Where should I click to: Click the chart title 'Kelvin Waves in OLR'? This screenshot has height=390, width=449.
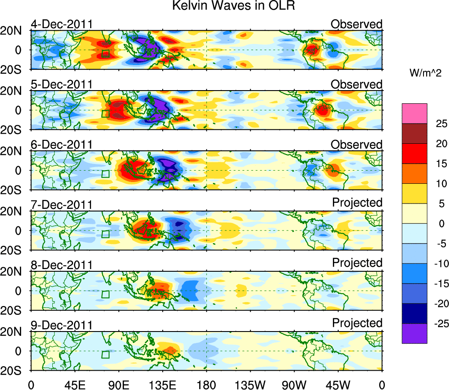[x=234, y=6]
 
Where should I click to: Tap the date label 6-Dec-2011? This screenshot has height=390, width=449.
[x=62, y=145]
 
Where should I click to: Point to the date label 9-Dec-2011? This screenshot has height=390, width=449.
[x=62, y=325]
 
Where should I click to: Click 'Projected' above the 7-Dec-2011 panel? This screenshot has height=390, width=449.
[x=357, y=202]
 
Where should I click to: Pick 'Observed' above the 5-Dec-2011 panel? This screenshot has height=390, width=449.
[x=357, y=84]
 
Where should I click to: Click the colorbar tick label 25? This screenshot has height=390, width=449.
[x=435, y=124]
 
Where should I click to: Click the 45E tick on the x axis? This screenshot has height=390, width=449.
[x=74, y=385]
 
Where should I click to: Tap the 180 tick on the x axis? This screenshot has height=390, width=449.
[x=206, y=385]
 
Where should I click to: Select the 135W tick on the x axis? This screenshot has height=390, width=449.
[x=250, y=385]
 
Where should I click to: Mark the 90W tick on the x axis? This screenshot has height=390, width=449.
[x=294, y=385]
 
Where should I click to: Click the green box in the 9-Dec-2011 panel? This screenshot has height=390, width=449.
[x=105, y=354]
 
